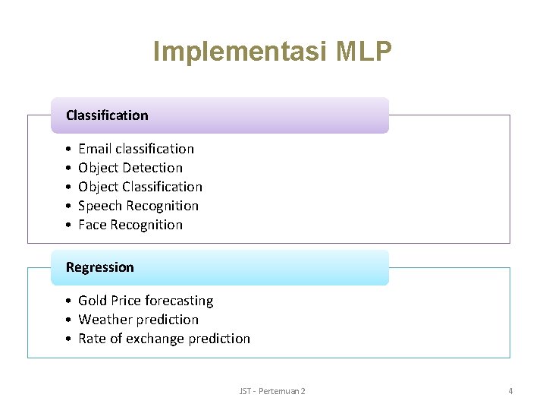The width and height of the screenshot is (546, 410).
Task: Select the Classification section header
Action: tap(107, 115)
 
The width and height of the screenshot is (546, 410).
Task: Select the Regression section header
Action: tap(99, 267)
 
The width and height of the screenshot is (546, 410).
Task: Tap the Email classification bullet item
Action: tap(136, 149)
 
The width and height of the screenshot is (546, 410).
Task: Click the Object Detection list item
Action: tap(130, 168)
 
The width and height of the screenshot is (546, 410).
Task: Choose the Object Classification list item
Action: tap(140, 187)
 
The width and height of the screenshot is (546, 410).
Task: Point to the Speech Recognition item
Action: tap(138, 206)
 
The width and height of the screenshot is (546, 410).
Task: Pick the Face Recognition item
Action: tap(130, 225)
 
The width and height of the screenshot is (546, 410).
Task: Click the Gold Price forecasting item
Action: tap(146, 301)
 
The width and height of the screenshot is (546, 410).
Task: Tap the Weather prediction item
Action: tap(138, 320)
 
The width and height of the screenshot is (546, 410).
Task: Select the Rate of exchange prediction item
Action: tap(164, 339)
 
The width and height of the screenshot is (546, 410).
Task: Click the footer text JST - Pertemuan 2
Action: tap(272, 391)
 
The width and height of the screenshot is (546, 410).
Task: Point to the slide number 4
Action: tap(510, 391)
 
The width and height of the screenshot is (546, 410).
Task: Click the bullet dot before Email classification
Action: tap(68, 150)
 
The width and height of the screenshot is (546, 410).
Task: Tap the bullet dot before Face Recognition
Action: tap(68, 225)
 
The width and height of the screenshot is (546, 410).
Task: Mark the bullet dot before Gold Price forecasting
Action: tap(68, 301)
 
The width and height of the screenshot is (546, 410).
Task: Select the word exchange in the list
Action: tap(154, 339)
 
